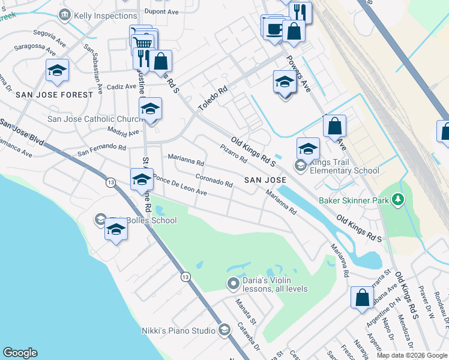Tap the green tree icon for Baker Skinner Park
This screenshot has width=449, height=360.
[x=397, y=199]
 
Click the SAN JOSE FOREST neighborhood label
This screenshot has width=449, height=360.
[x=55, y=95]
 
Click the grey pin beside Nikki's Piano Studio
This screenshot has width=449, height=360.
[x=224, y=329]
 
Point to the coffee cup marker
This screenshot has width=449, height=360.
[x=274, y=28]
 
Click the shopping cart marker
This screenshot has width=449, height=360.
[x=142, y=43]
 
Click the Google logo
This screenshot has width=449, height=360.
[x=20, y=353]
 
